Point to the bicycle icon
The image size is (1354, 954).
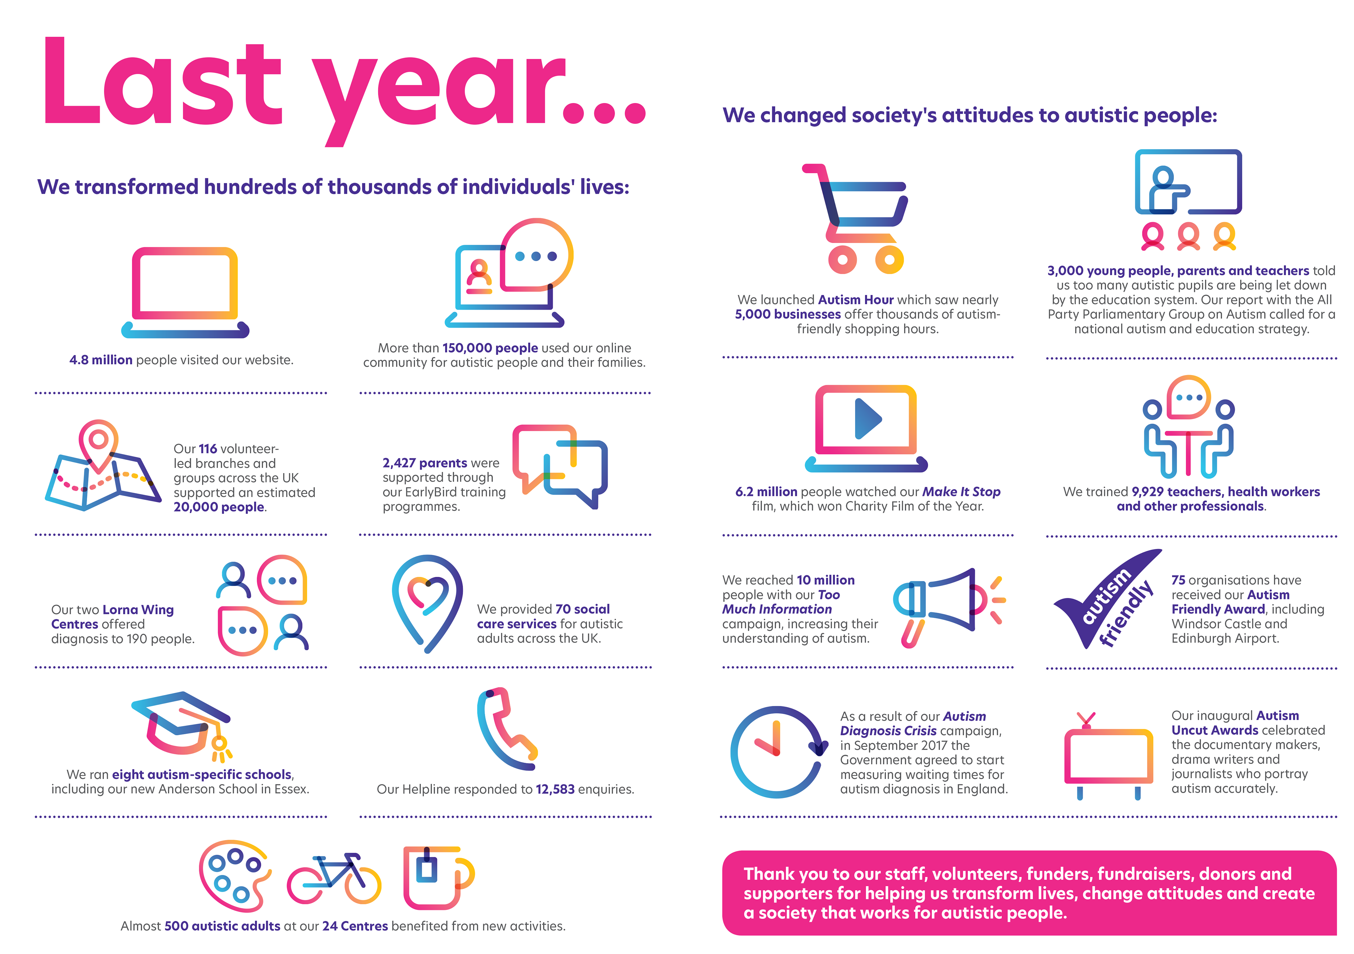(x=334, y=879)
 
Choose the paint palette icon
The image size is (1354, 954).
(x=235, y=876)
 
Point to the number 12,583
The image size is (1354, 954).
(x=555, y=789)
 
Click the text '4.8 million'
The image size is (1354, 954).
(x=101, y=360)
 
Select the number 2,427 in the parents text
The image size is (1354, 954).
(x=399, y=463)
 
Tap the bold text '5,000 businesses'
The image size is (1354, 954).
(x=788, y=314)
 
